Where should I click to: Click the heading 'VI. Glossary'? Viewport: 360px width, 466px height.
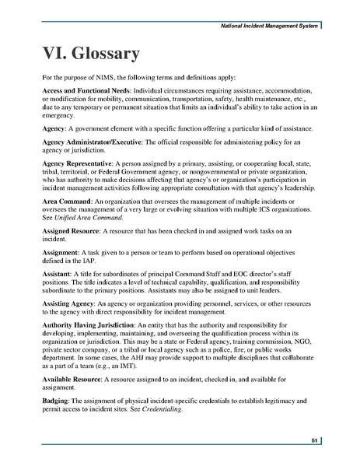click(x=92, y=54)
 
